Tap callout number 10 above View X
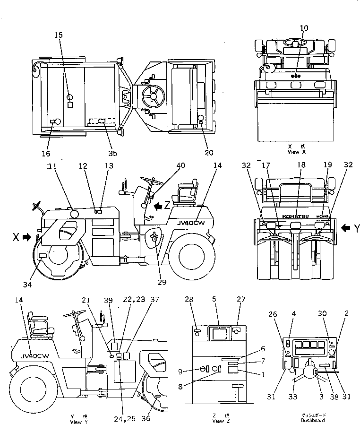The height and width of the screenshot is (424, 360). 304,28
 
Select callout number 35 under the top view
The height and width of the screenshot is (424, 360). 112,153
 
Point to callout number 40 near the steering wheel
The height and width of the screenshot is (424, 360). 181,165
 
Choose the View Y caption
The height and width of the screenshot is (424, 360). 77,420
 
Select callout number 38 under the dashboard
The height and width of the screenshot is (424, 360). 334,398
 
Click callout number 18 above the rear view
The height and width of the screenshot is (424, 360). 301,165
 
